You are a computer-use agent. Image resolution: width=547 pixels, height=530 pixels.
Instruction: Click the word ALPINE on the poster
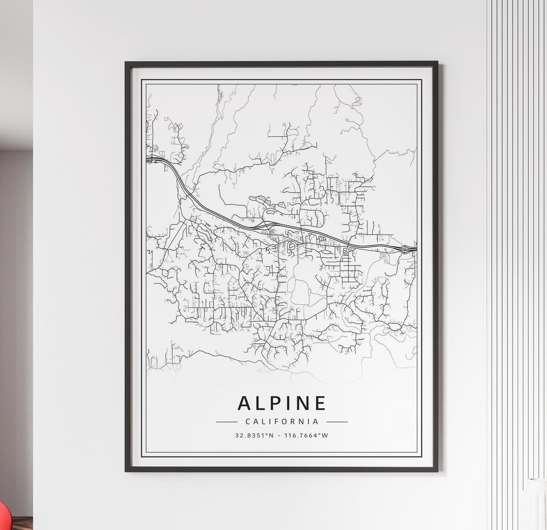pyautogui.click(x=282, y=403)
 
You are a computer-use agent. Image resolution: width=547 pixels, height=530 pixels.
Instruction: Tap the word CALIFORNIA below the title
pyautogui.click(x=282, y=421)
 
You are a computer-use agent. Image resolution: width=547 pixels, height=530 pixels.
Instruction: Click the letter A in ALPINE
pyautogui.click(x=244, y=403)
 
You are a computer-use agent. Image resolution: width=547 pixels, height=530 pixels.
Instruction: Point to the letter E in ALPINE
pyautogui.click(x=320, y=403)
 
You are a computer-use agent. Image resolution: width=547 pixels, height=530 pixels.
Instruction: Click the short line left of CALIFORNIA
pyautogui.click(x=226, y=422)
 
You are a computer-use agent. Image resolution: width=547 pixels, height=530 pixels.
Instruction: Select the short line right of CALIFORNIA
pyautogui.click(x=337, y=422)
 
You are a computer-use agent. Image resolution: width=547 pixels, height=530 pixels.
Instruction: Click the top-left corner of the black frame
pyautogui.click(x=126, y=63)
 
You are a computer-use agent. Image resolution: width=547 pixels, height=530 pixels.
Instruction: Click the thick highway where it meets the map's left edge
pyautogui.click(x=148, y=160)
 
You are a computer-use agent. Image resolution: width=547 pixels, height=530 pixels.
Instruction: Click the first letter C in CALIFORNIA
pyautogui.click(x=247, y=422)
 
